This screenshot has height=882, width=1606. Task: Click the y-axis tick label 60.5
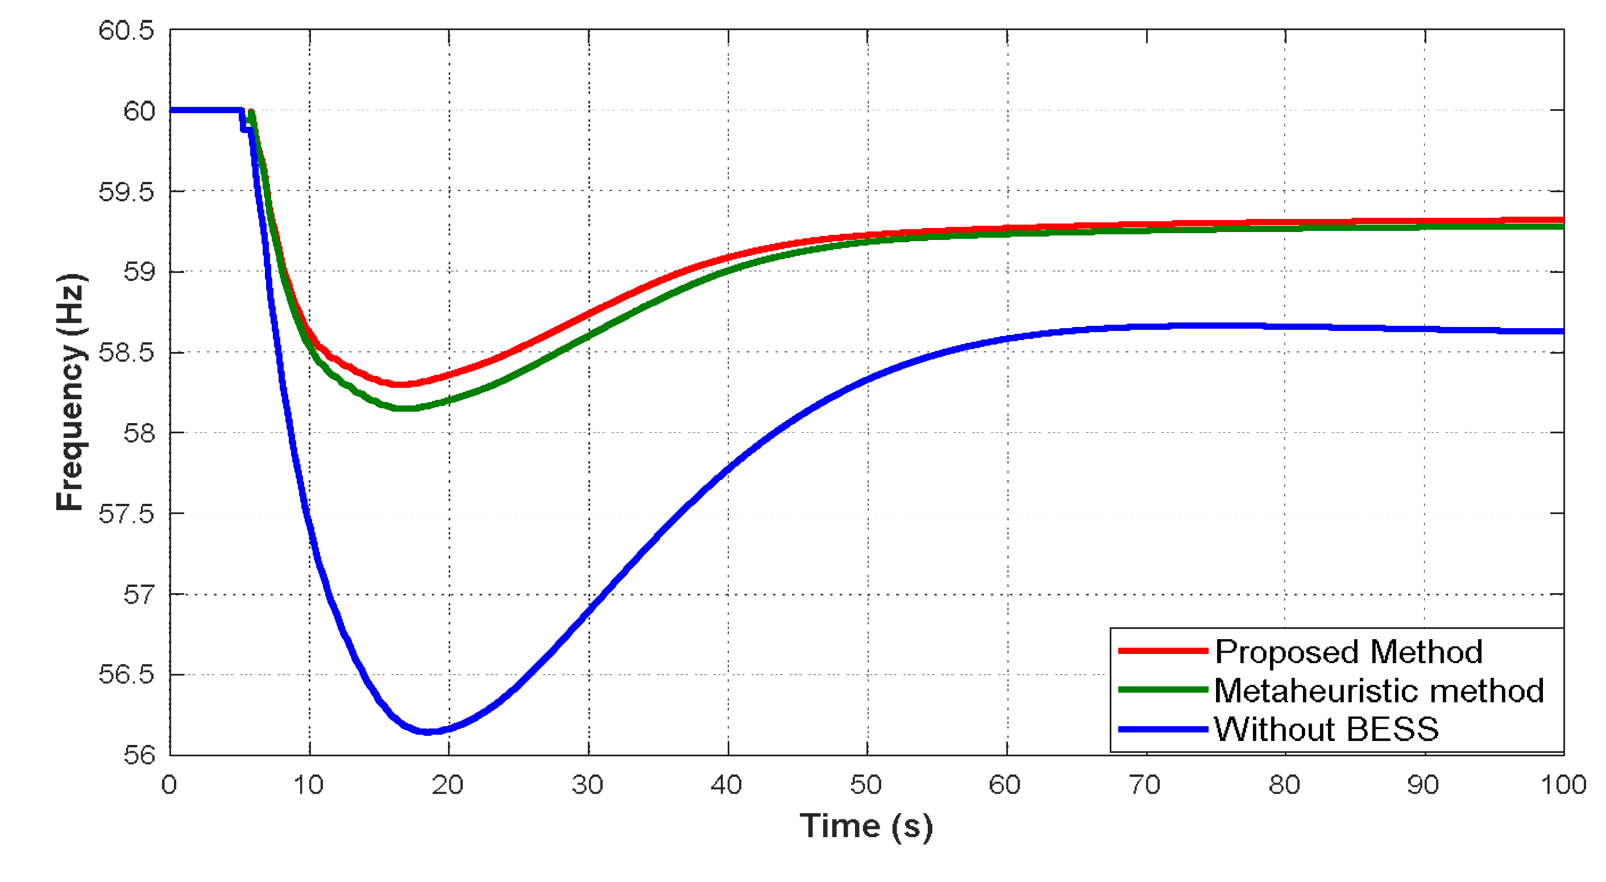point(126,31)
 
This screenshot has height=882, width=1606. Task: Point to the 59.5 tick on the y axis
point(126,192)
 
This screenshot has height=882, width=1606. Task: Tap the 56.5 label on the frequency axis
point(126,675)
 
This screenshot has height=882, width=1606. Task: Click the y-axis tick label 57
point(138,594)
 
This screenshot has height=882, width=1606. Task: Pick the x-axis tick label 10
point(309,785)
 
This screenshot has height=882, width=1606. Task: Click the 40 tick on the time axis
point(727,785)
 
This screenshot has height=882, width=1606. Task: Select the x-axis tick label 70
point(1144,785)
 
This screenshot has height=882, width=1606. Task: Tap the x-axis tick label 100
point(1563,785)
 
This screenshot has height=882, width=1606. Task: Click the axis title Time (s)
point(866,826)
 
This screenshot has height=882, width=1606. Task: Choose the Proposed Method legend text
point(1348,652)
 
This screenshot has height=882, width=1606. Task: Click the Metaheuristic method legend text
point(1379,690)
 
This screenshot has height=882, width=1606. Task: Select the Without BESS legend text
point(1326,729)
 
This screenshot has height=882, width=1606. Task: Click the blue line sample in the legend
point(1163,729)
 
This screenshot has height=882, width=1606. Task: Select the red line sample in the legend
point(1163,651)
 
